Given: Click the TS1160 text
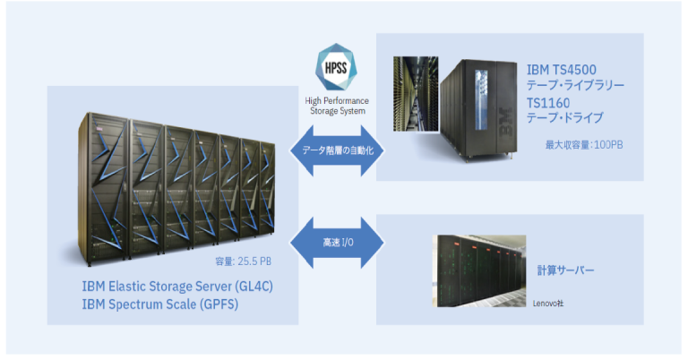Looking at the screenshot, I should (547, 102).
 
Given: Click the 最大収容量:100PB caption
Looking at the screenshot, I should (584, 143).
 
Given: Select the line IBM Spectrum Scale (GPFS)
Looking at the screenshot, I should (159, 305).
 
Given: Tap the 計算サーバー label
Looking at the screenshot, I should (566, 270).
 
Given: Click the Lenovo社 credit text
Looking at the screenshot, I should (550, 304).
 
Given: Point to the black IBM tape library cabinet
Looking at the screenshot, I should (475, 107).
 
